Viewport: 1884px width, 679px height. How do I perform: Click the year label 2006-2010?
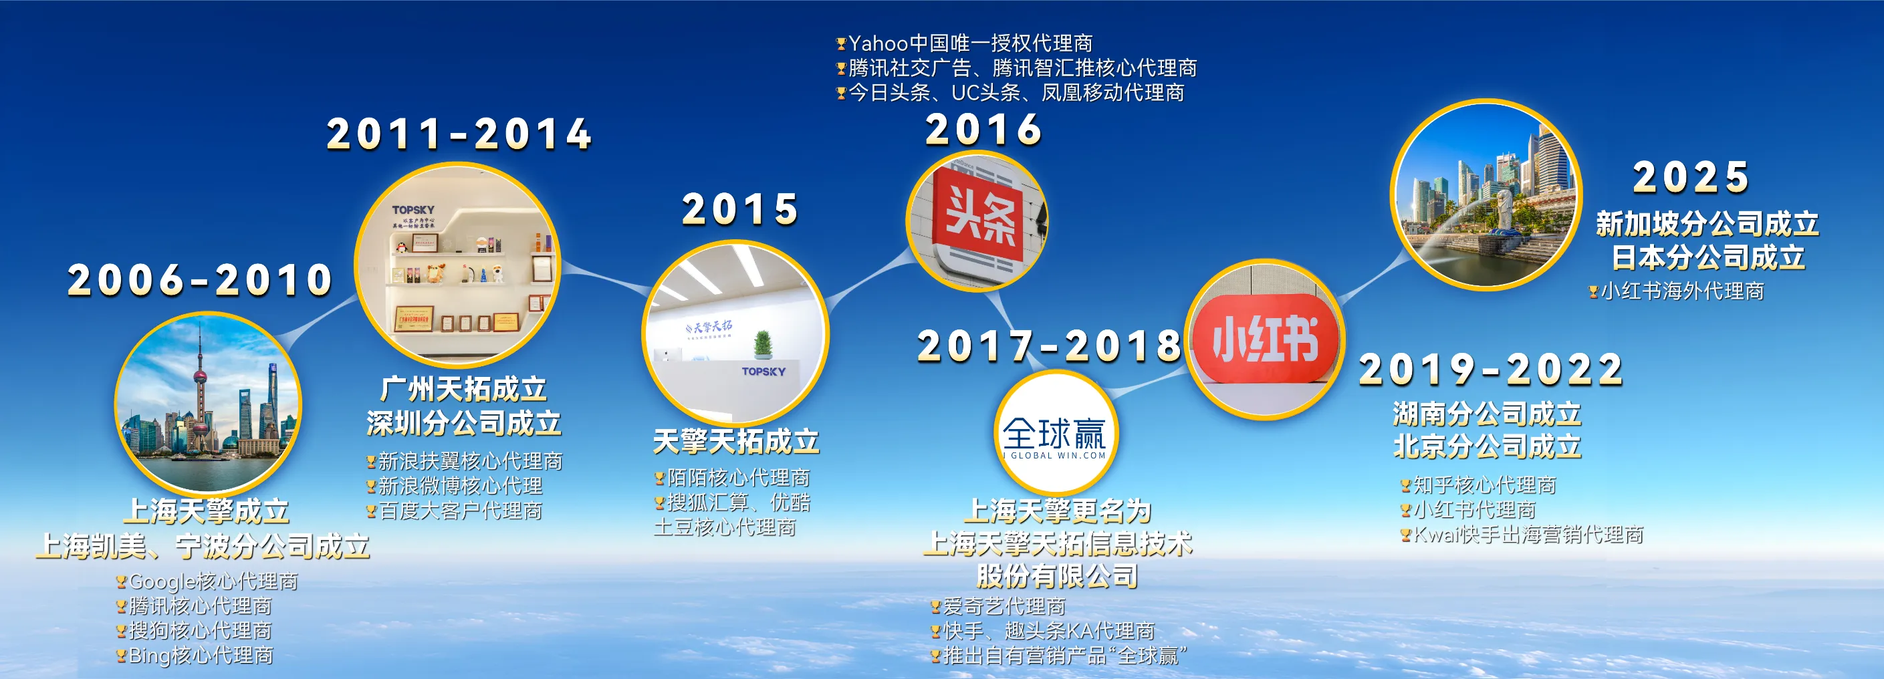tap(200, 280)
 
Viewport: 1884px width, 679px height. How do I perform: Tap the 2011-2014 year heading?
tap(459, 134)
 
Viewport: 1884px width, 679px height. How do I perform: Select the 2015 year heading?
tap(739, 210)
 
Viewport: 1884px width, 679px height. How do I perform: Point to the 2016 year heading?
tap(983, 130)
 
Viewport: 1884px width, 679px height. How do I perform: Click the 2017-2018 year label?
tap(1049, 346)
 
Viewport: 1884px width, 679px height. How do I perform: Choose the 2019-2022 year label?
tap(1490, 369)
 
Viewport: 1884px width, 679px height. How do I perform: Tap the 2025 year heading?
tap(1690, 178)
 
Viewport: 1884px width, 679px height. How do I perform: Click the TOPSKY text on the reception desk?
tap(763, 372)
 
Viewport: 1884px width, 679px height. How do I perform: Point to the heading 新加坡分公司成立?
tap(1706, 224)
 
